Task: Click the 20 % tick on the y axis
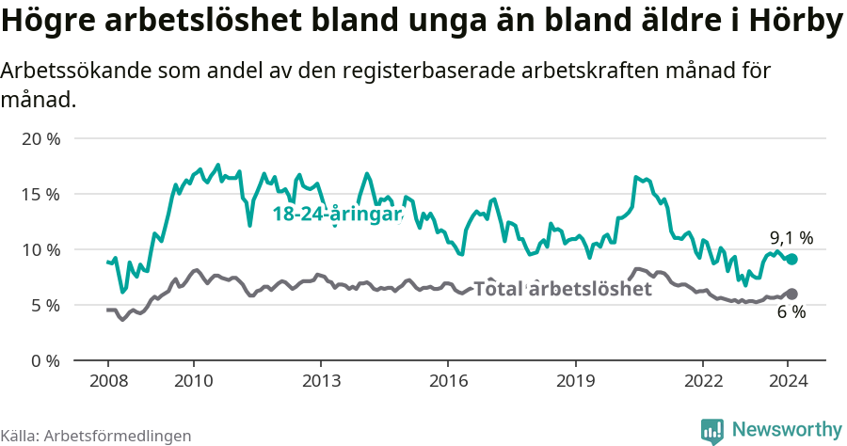click(x=40, y=138)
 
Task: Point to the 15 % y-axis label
click(x=40, y=194)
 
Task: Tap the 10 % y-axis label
click(x=40, y=249)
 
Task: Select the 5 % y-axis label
click(x=45, y=305)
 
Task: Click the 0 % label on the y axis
click(x=45, y=360)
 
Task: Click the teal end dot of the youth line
click(x=791, y=259)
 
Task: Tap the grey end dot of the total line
click(x=791, y=294)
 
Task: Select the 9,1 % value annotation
click(x=791, y=238)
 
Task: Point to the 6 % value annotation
click(x=791, y=312)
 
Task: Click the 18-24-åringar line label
click(x=337, y=215)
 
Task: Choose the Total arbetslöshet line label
click(x=562, y=289)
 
